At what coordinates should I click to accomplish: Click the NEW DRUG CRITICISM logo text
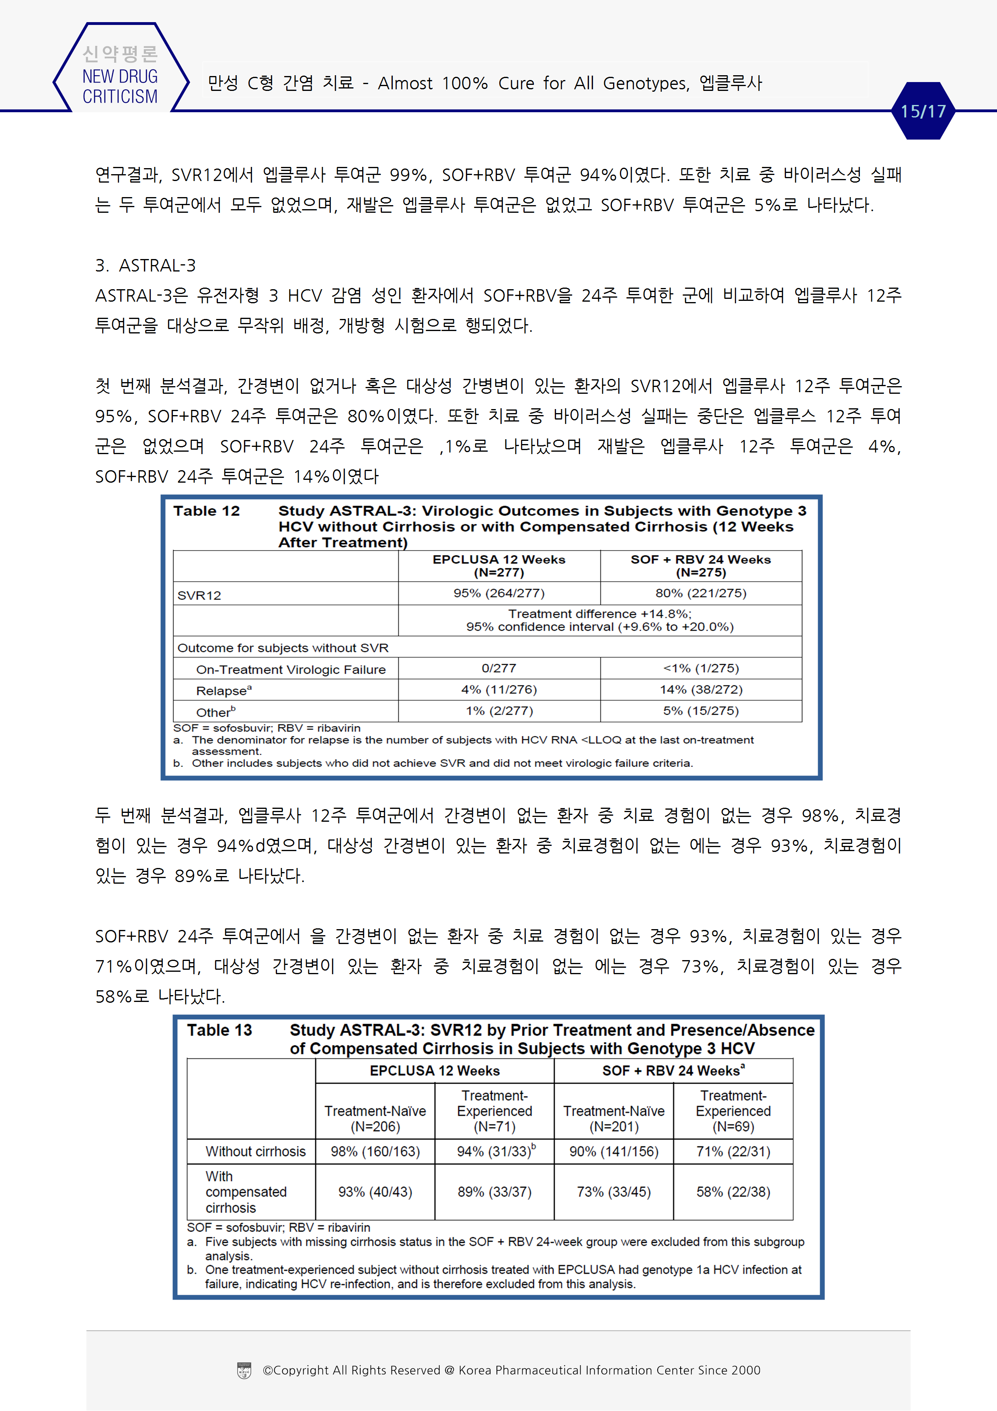pyautogui.click(x=120, y=86)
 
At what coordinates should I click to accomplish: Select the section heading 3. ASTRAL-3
pyautogui.click(x=146, y=265)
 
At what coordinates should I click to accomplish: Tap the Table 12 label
pyautogui.click(x=206, y=511)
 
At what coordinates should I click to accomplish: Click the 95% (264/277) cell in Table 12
pyautogui.click(x=499, y=593)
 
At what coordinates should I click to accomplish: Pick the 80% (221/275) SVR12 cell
pyautogui.click(x=701, y=593)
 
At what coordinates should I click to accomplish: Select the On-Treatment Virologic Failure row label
pyautogui.click(x=291, y=669)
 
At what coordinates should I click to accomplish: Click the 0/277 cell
pyautogui.click(x=499, y=668)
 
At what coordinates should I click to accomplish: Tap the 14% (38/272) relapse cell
pyautogui.click(x=701, y=689)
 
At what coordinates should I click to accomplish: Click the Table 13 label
pyautogui.click(x=220, y=1030)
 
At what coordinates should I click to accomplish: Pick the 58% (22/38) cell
pyautogui.click(x=733, y=1192)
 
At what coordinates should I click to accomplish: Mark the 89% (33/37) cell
pyautogui.click(x=494, y=1192)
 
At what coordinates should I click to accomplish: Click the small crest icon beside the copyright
pyautogui.click(x=244, y=1370)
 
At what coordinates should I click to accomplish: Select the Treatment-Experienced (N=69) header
pyautogui.click(x=733, y=1111)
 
